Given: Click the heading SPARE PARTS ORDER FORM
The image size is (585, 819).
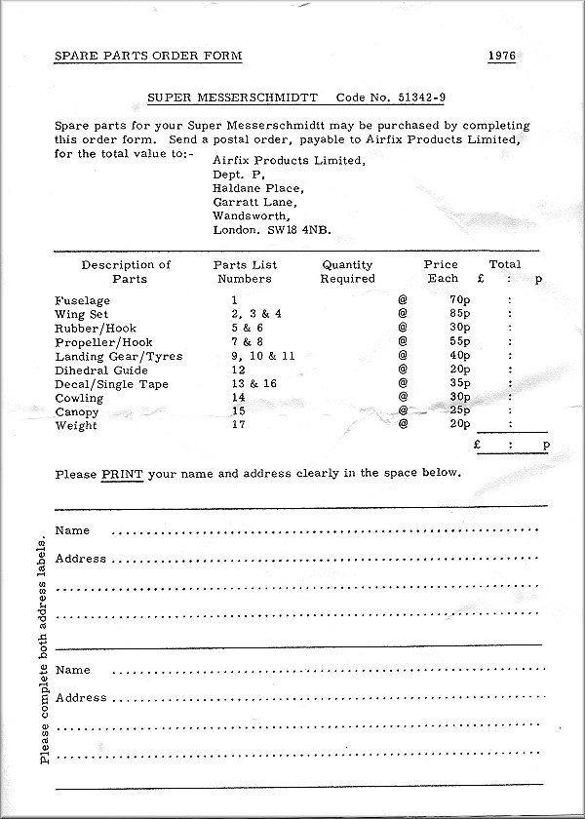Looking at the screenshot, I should tap(148, 56).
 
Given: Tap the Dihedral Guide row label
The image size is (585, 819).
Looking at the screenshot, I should tap(101, 370).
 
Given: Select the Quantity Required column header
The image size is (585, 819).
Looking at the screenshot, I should tap(347, 271).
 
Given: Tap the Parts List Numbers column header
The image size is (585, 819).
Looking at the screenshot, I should tap(245, 271).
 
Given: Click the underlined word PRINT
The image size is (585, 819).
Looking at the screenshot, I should tap(122, 474).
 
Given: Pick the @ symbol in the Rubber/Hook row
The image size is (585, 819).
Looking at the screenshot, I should tap(402, 328).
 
